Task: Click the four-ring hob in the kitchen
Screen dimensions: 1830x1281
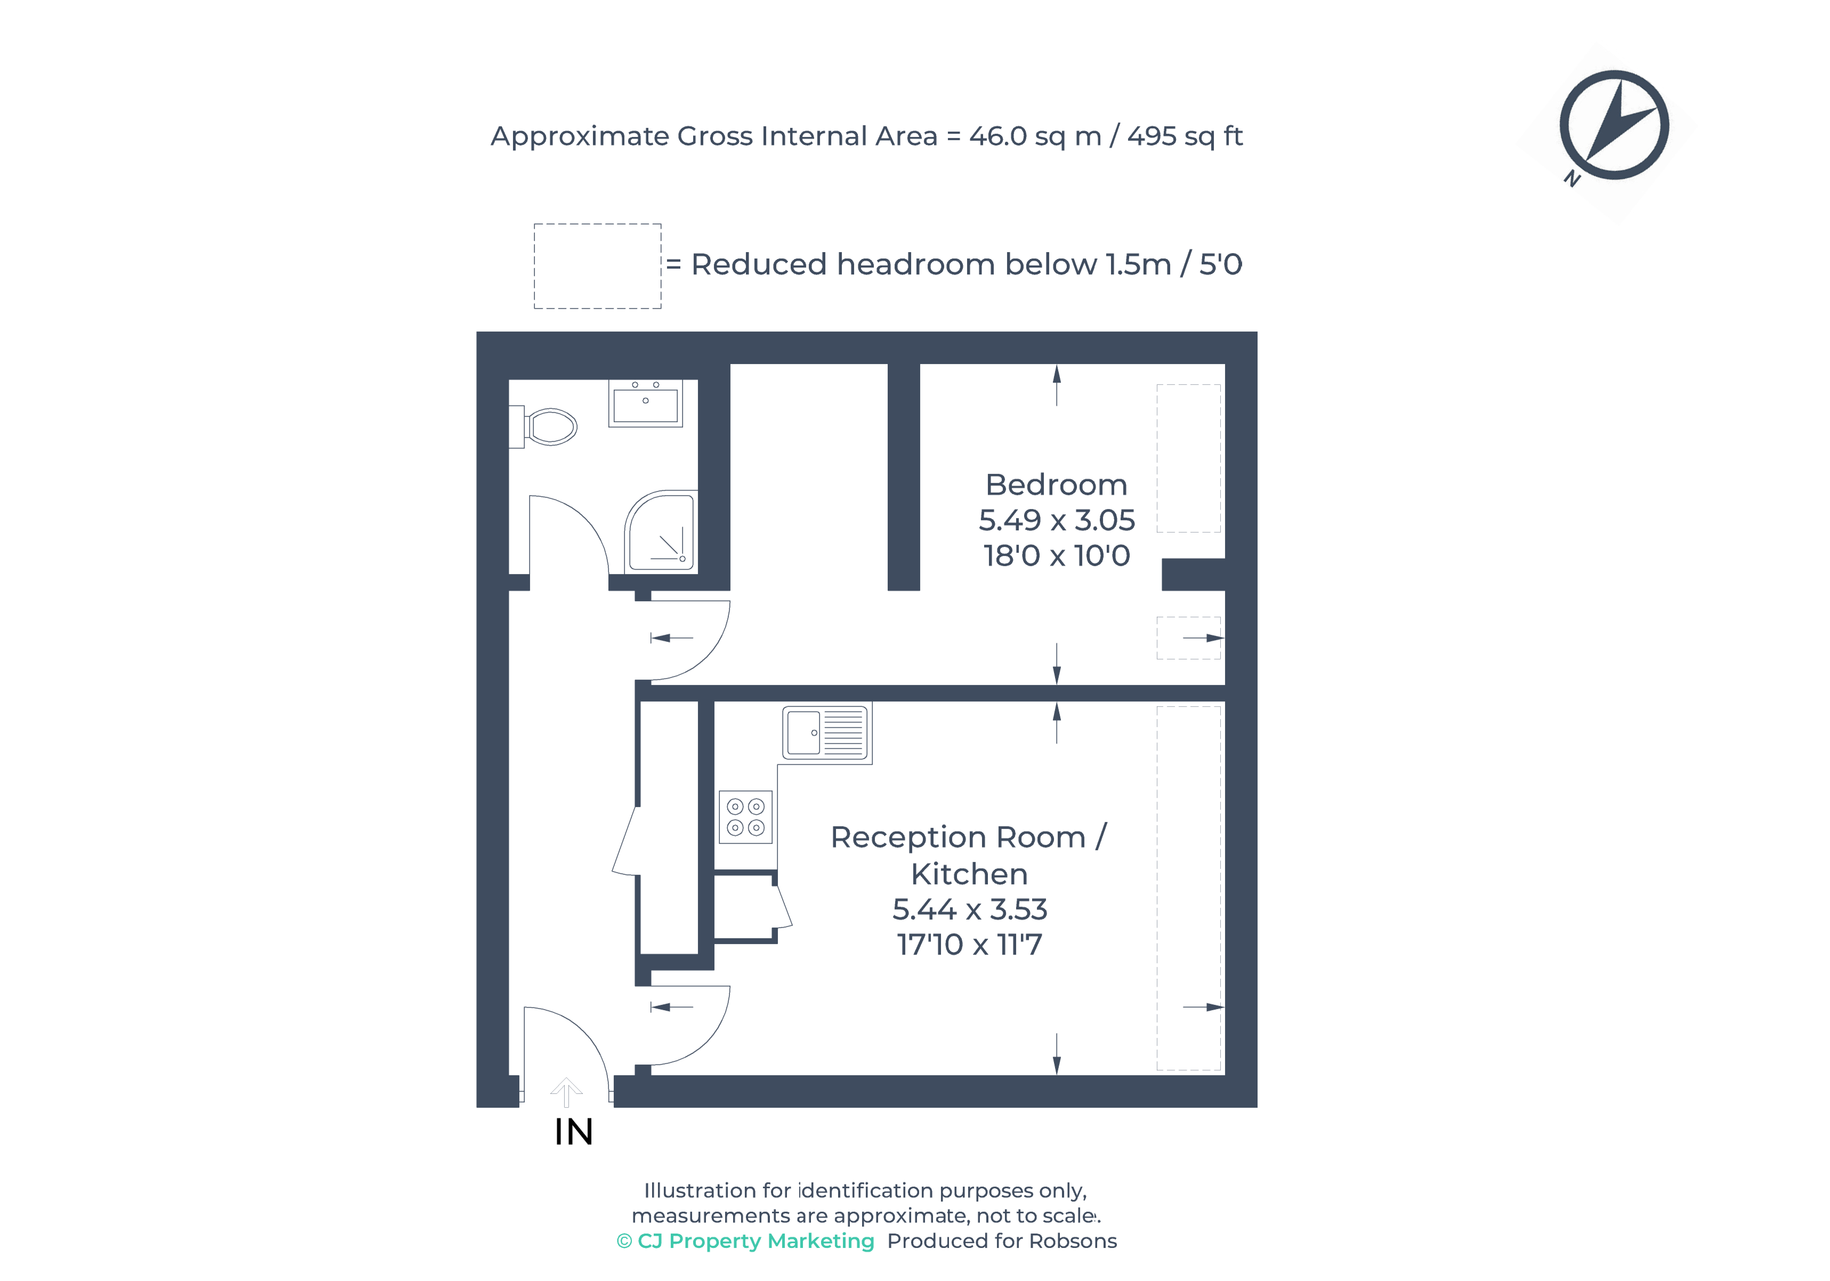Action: (x=745, y=817)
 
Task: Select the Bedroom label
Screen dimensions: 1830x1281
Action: (x=1056, y=485)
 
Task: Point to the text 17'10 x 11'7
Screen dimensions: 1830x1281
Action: (x=969, y=945)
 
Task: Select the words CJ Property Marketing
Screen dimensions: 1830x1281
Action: (x=756, y=1241)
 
